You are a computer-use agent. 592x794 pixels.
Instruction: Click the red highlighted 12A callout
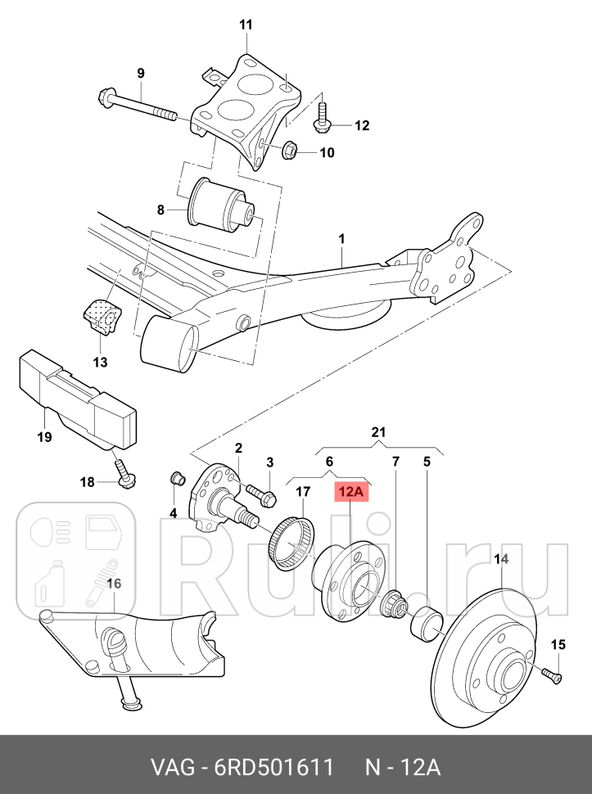(x=350, y=491)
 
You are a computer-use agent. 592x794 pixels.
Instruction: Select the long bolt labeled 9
(x=139, y=107)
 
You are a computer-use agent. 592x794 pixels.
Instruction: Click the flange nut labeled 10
(x=288, y=151)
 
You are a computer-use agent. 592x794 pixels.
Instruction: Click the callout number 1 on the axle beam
(x=341, y=239)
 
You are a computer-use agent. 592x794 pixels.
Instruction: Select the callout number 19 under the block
(x=44, y=436)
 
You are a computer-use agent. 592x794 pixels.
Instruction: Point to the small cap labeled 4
(x=174, y=479)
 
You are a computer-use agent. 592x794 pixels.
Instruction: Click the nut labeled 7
(x=395, y=607)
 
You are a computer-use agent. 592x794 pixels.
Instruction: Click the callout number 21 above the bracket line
(x=377, y=432)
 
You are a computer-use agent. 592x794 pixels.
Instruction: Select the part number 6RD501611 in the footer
(x=274, y=769)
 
